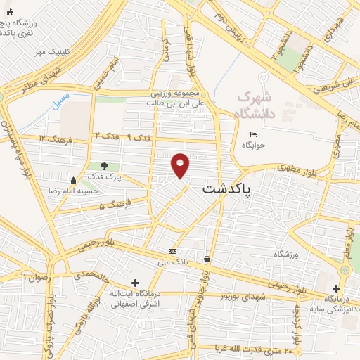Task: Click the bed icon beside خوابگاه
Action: coord(253,134)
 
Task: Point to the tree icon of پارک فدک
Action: coord(104,166)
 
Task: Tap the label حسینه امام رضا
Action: coord(51,191)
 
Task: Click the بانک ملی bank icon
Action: coord(172,251)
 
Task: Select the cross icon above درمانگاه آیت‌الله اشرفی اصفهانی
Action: coord(135,283)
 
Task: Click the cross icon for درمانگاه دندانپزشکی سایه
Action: coord(336,288)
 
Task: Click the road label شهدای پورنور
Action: coord(242,296)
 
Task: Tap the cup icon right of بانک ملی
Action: coord(207,259)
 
